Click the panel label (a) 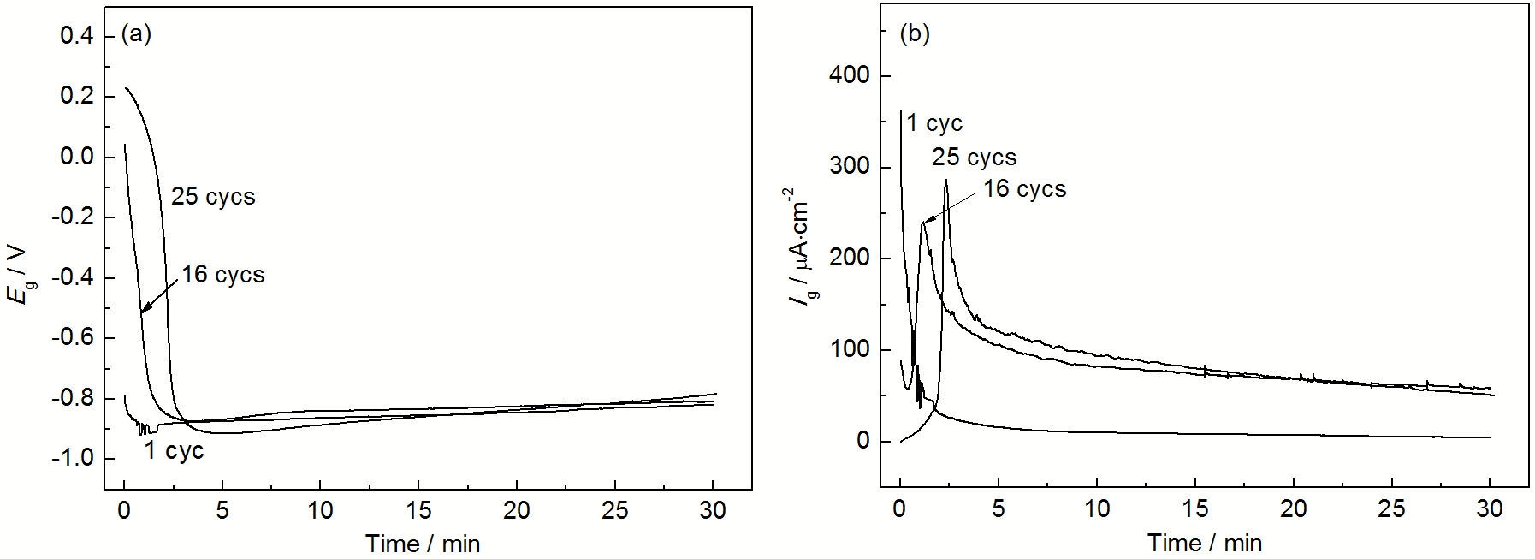pyautogui.click(x=137, y=33)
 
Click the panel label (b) pyautogui.click(x=914, y=33)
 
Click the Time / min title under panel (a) pyautogui.click(x=423, y=543)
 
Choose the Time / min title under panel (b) pyautogui.click(x=1204, y=543)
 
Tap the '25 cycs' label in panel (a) pyautogui.click(x=214, y=197)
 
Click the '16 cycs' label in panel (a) pyautogui.click(x=223, y=275)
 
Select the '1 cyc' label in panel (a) pyautogui.click(x=174, y=451)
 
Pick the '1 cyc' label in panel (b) pyautogui.click(x=934, y=124)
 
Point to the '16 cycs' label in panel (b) pyautogui.click(x=1025, y=189)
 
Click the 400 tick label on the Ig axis pyautogui.click(x=849, y=76)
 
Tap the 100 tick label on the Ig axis pyautogui.click(x=849, y=350)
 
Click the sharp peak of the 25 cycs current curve pyautogui.click(x=945, y=180)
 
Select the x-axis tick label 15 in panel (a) pyautogui.click(x=418, y=510)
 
